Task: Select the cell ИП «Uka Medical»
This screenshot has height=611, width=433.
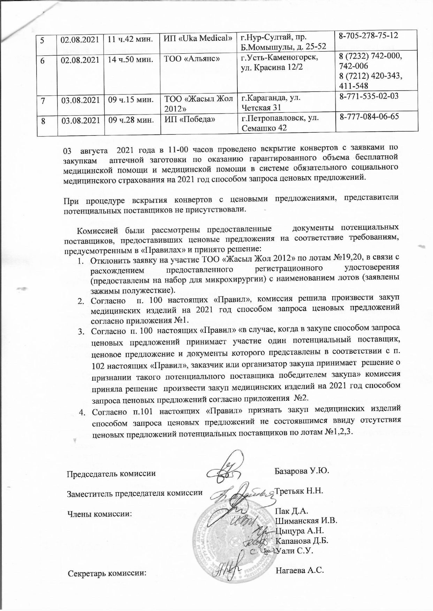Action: (198, 38)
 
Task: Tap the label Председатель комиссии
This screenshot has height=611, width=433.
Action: (111, 474)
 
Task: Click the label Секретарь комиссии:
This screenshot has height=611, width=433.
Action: (107, 573)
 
